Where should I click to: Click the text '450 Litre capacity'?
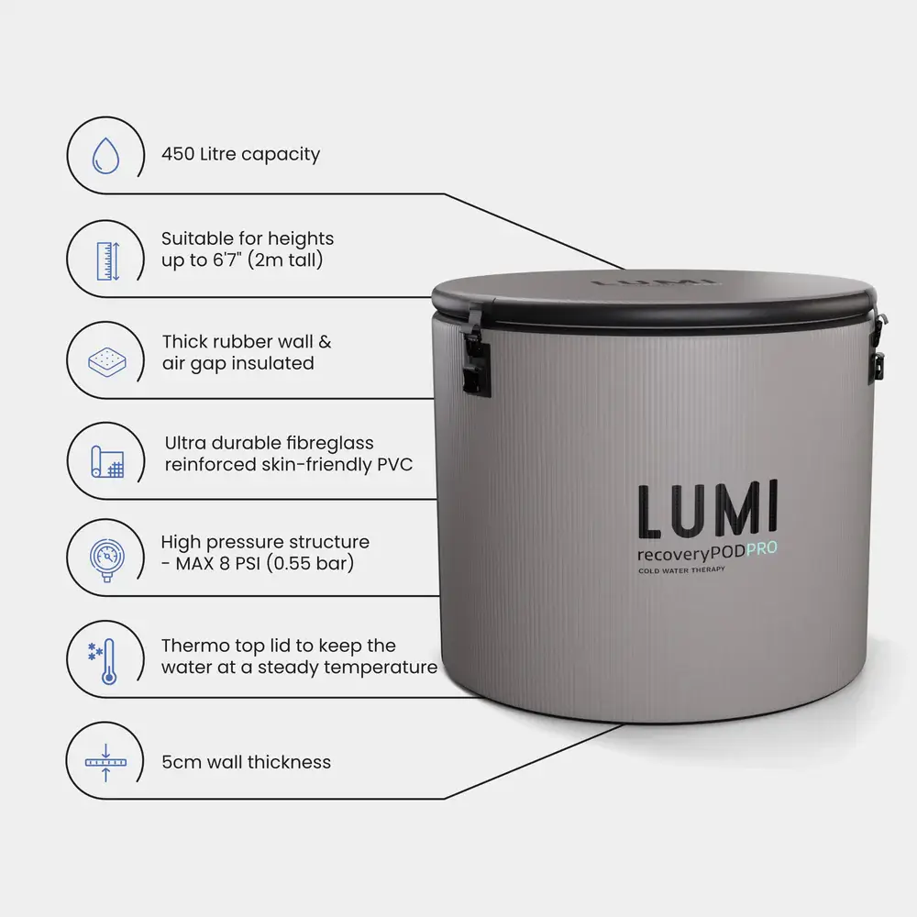[240, 154]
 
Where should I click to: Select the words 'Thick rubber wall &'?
[247, 342]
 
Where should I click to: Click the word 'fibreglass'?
[323, 443]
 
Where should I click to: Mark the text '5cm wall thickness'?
[246, 762]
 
